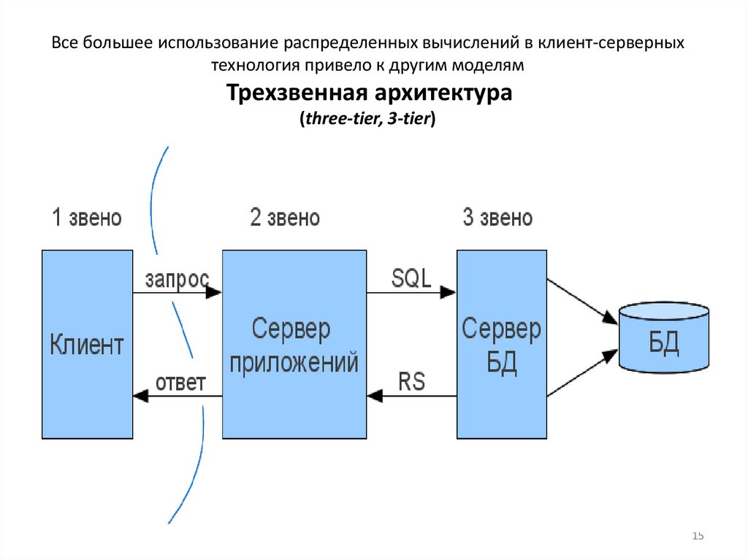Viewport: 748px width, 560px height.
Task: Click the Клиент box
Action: click(87, 344)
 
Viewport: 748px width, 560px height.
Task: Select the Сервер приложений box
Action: click(294, 344)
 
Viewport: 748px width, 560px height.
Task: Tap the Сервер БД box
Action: click(501, 344)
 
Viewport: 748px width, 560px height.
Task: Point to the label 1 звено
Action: click(86, 218)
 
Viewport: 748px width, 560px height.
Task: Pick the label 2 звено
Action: click(285, 218)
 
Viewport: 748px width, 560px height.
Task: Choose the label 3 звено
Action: click(497, 218)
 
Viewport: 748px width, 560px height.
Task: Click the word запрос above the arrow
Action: click(177, 279)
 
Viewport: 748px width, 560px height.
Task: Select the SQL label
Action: click(411, 278)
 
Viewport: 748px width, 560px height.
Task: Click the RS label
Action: click(412, 382)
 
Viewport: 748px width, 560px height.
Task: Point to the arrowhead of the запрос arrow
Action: click(214, 293)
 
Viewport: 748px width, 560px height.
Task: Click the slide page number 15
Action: click(698, 537)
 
